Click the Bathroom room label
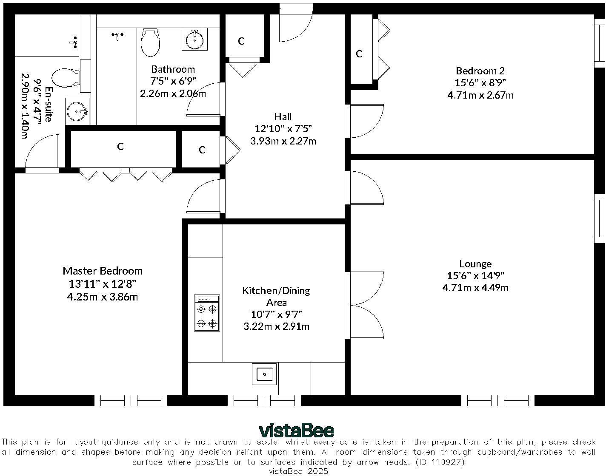click(173, 69)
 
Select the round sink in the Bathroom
click(194, 40)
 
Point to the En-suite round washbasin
click(77, 111)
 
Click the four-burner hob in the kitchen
click(207, 313)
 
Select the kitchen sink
click(264, 374)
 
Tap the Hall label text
click(283, 117)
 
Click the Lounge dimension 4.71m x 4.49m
click(475, 288)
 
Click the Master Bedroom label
click(103, 271)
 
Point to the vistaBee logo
click(296, 431)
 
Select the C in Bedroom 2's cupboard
click(359, 54)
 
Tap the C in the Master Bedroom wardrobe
click(120, 146)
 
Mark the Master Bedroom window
click(131, 401)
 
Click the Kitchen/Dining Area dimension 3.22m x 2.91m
click(276, 326)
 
